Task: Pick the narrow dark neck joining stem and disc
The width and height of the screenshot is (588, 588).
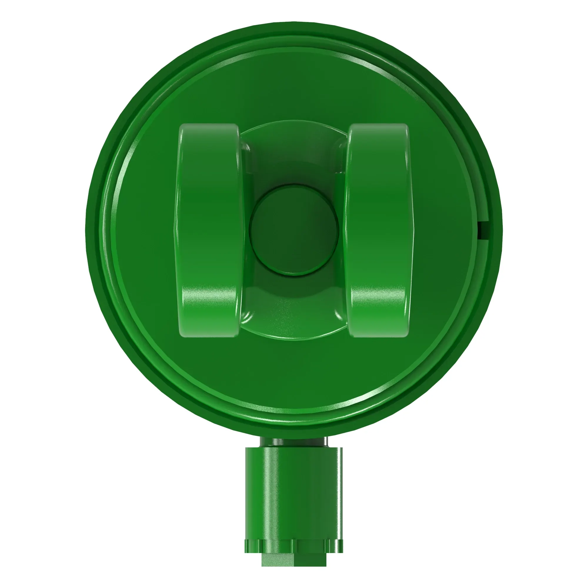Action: tap(294, 442)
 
